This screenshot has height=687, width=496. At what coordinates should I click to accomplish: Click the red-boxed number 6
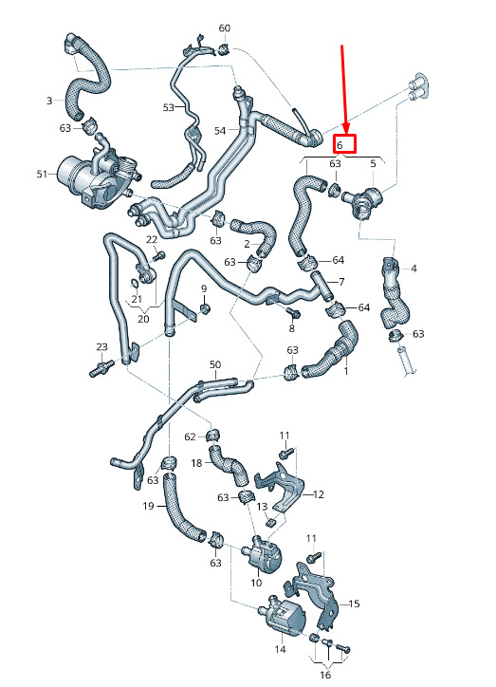[340, 145]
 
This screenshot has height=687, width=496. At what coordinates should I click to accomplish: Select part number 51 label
[42, 174]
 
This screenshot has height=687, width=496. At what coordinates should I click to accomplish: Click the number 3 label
[49, 101]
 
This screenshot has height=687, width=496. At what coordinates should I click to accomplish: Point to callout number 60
[224, 28]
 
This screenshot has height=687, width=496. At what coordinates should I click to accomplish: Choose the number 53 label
[168, 107]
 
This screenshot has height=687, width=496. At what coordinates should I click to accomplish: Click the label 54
[220, 131]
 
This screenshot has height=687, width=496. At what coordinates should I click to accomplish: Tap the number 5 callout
[373, 164]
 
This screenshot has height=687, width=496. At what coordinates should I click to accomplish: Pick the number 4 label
[413, 269]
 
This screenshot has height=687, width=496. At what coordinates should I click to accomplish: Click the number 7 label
[341, 282]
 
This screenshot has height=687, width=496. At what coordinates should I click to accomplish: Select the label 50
[215, 364]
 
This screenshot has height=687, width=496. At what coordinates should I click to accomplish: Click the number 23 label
[101, 347]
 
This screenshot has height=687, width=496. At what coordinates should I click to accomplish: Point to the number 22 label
[152, 240]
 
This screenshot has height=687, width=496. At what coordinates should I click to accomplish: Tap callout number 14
[280, 649]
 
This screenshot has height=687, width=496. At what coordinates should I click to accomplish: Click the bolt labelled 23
[101, 368]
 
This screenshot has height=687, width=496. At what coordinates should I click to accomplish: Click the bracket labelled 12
[280, 486]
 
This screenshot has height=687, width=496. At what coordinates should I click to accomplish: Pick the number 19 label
[148, 506]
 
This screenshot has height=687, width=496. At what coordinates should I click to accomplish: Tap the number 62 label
[190, 436]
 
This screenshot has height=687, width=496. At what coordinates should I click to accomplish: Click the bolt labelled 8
[294, 313]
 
